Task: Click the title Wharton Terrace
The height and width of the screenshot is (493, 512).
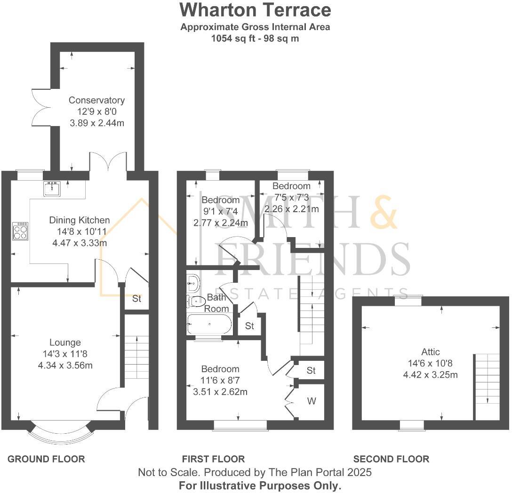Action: (256, 9)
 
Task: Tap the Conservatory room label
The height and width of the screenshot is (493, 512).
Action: (96, 100)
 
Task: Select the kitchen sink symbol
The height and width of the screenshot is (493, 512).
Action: (51, 189)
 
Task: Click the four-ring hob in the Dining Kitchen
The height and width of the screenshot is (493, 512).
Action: (20, 231)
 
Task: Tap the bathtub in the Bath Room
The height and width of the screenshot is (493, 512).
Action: (209, 324)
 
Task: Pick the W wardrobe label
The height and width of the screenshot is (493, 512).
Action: (312, 401)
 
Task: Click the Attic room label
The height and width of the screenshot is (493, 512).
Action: (431, 352)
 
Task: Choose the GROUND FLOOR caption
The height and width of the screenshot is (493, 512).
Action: (46, 459)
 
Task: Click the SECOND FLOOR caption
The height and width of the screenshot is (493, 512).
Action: (391, 459)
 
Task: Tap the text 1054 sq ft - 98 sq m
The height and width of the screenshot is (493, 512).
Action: (255, 39)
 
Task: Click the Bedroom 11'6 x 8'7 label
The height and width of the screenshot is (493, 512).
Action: (220, 369)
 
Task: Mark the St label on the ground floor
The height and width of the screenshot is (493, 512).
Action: (136, 299)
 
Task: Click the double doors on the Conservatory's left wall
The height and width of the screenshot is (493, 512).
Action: (40, 107)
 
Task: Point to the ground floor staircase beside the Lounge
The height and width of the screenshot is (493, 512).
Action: (136, 358)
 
